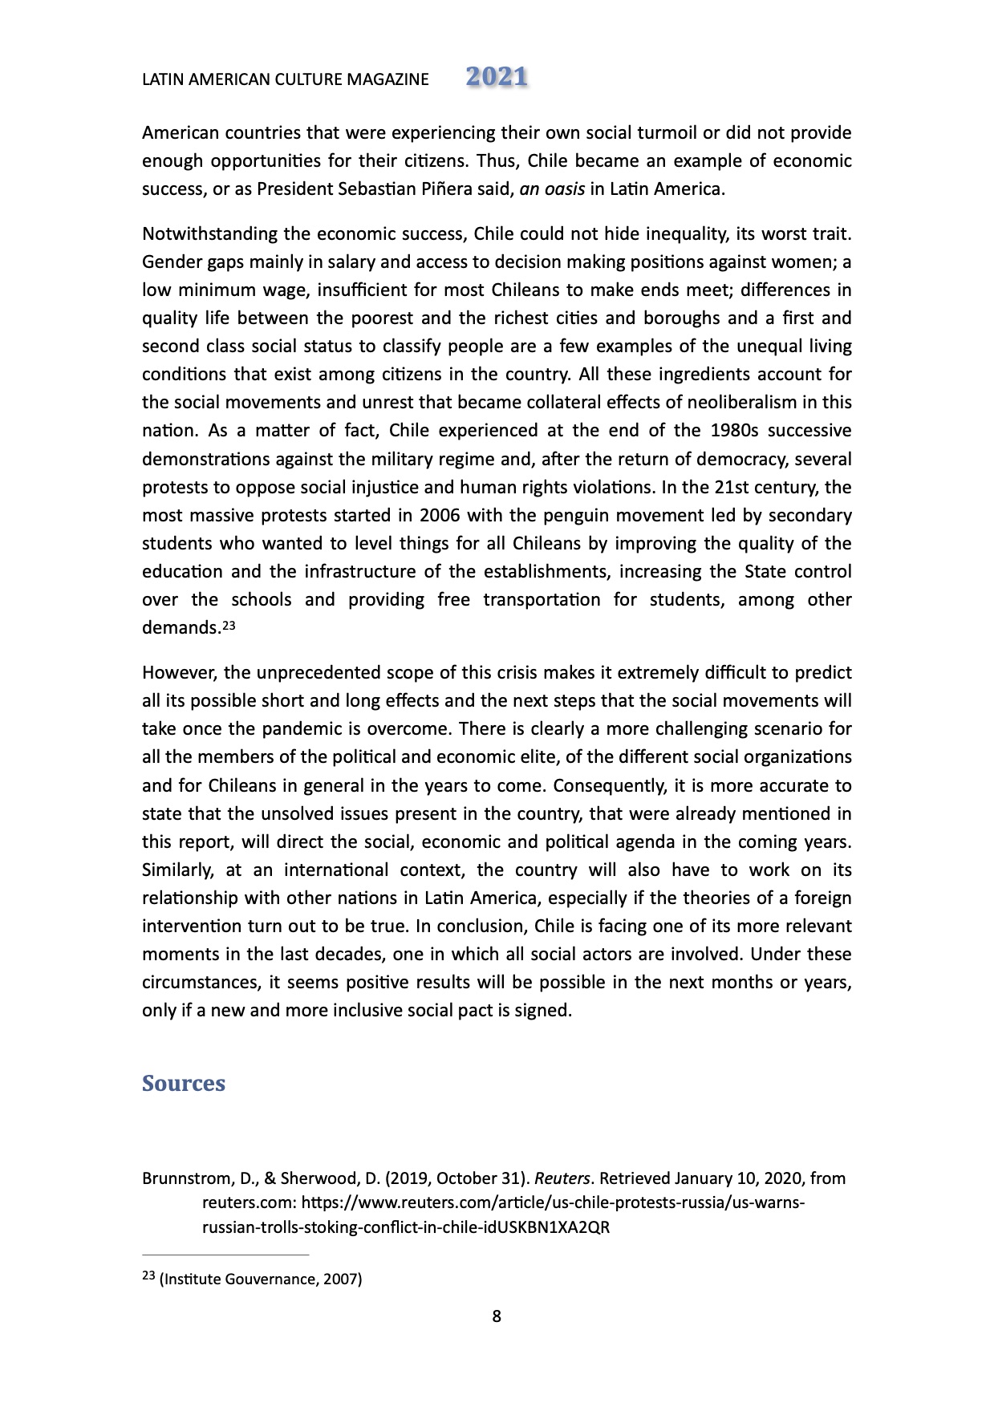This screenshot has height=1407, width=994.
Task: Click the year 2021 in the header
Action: pyautogui.click(x=497, y=77)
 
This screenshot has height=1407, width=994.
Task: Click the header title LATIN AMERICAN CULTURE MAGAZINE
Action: pyautogui.click(x=285, y=79)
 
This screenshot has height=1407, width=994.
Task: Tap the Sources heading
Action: pyautogui.click(x=184, y=1083)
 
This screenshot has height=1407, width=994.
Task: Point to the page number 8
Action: pyautogui.click(x=497, y=1316)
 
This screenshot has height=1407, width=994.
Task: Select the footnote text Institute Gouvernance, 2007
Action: pyautogui.click(x=261, y=1279)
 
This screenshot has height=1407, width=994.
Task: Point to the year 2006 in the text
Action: pyautogui.click(x=440, y=515)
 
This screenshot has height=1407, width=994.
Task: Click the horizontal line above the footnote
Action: pyautogui.click(x=225, y=1254)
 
